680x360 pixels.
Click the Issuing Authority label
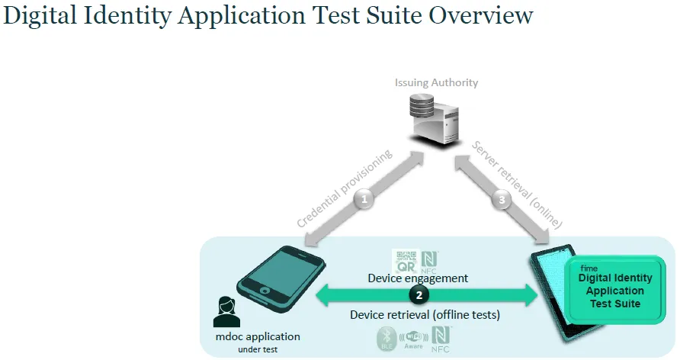point(437,82)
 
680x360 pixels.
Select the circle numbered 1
point(364,200)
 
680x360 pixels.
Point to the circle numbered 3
point(500,201)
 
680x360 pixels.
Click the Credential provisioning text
point(344,188)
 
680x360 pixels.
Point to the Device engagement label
point(417,278)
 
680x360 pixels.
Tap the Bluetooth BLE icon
point(386,339)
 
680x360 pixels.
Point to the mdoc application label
point(257,336)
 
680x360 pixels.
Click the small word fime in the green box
point(589,268)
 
